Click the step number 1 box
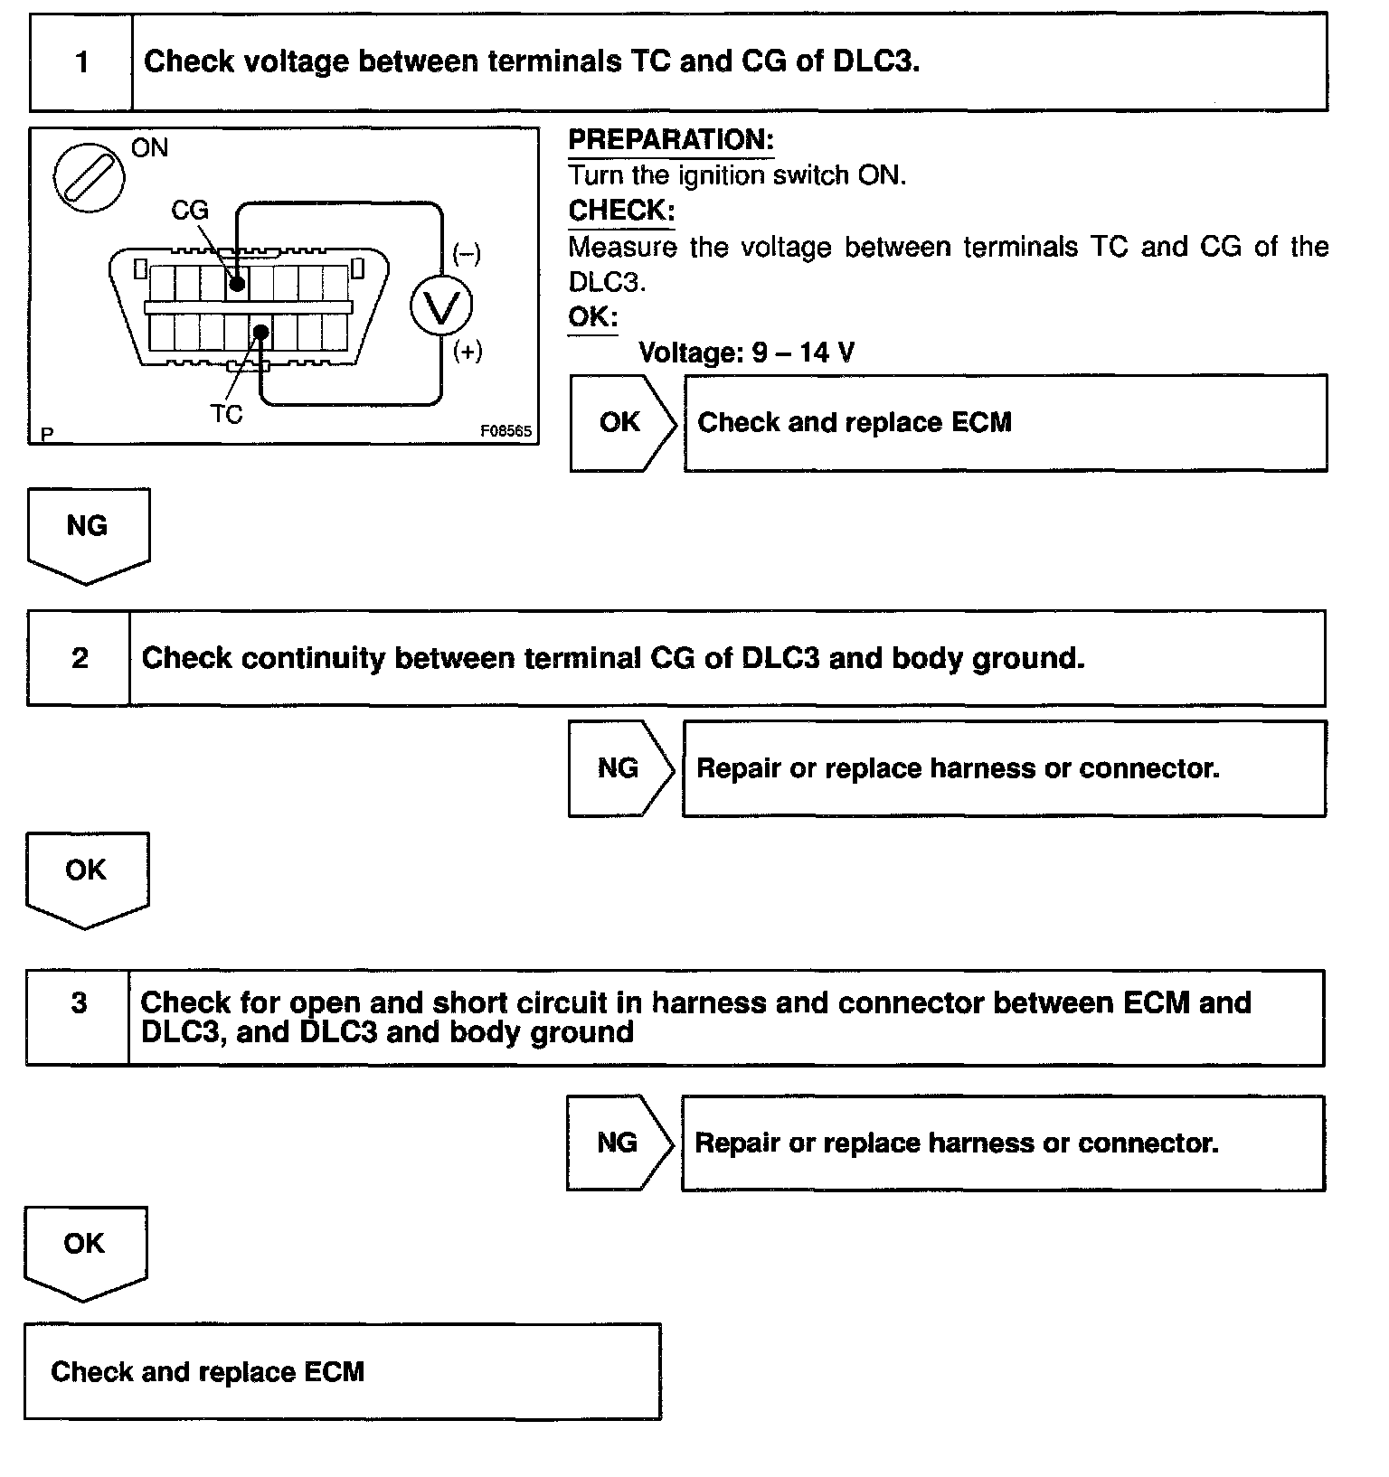pyautogui.click(x=81, y=62)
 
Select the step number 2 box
pyautogui.click(x=80, y=658)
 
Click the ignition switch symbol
pyautogui.click(x=89, y=176)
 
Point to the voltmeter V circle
pyautogui.click(x=441, y=307)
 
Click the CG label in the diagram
pyautogui.click(x=190, y=211)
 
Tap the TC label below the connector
pyautogui.click(x=226, y=414)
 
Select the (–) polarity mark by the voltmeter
pyautogui.click(x=467, y=254)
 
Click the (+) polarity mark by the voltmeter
pyautogui.click(x=468, y=352)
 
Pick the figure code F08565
pyautogui.click(x=506, y=432)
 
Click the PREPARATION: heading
pyautogui.click(x=671, y=140)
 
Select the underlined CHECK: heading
pyautogui.click(x=621, y=211)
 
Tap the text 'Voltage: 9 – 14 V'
pyautogui.click(x=746, y=353)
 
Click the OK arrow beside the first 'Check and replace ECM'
pyautogui.click(x=621, y=423)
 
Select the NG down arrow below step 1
pyautogui.click(x=88, y=532)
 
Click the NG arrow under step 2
pyautogui.click(x=619, y=768)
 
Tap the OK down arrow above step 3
pyautogui.click(x=87, y=877)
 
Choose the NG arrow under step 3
pyautogui.click(x=619, y=1143)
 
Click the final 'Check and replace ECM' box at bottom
pyautogui.click(x=342, y=1371)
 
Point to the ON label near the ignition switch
pyautogui.click(x=149, y=148)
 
